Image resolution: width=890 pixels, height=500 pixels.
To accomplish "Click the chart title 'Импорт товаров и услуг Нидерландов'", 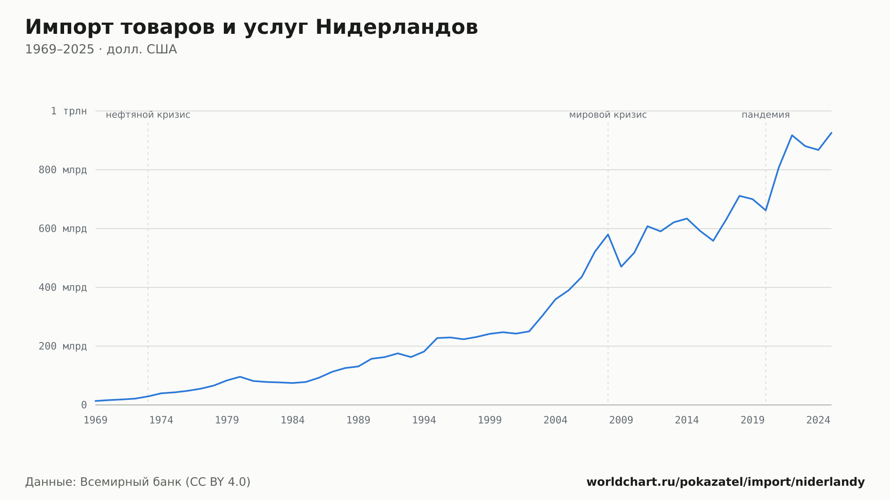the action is coord(251,28).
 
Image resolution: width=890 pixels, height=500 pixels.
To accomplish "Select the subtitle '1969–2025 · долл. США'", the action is coord(101,49).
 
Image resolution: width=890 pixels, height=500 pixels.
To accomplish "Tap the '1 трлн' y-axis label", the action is coord(69,111).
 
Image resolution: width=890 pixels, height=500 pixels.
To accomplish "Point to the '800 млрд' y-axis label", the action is coord(63,170).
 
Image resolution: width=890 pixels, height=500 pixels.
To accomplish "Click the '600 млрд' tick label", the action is coord(63,229).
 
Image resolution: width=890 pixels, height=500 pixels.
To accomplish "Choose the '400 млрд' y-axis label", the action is coord(63,287).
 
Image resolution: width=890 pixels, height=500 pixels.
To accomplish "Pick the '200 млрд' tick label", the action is coord(63,346).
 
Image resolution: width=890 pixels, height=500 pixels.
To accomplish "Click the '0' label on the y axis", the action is coord(84,405).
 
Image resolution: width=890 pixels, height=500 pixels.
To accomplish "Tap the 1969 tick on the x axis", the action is coord(96,420).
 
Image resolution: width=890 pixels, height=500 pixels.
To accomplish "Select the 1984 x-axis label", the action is coord(292,420).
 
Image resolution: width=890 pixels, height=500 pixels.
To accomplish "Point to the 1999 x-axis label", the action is coord(489,420).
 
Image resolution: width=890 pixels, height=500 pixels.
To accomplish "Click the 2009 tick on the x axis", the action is coord(621,420).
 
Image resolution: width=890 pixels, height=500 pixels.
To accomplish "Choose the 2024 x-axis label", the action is coord(818,420).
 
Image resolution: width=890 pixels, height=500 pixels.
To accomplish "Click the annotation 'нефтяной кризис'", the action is coord(148,115).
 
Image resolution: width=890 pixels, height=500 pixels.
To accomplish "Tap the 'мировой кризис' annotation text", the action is coord(608,115).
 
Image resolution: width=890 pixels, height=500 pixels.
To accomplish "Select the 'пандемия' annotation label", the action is coord(765,115).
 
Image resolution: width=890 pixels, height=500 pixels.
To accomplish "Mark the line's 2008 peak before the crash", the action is coord(608,234).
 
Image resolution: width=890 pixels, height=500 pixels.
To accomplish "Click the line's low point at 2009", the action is coord(621,266).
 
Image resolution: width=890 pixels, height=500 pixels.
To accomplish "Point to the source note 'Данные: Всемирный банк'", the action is coord(103,482).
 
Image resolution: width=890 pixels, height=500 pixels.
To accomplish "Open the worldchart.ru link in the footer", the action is coord(725,482).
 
